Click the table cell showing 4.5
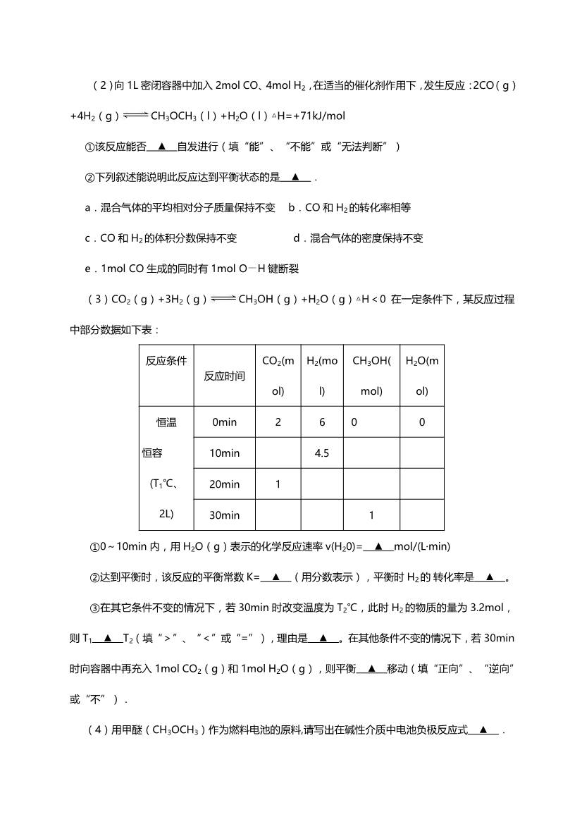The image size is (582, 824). point(322,453)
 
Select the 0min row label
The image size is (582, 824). point(224,422)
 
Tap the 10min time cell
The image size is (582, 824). point(224,453)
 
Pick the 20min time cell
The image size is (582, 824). point(224,484)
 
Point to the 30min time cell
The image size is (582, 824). point(224,515)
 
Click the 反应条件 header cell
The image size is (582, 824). point(166,361)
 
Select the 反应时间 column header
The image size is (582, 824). point(224,376)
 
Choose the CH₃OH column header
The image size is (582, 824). point(371,376)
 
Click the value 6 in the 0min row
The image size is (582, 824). point(322,422)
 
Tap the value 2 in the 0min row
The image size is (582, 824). point(278,422)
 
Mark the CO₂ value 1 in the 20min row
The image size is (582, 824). point(278,484)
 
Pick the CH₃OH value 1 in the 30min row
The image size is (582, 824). point(371,515)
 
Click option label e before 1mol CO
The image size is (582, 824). point(87,269)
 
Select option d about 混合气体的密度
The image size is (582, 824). point(358,238)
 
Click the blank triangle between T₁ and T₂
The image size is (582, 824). point(108,639)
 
